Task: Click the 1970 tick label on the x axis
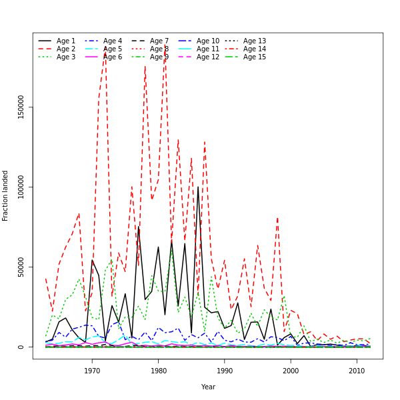point(92,371)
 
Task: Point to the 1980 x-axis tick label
point(159,371)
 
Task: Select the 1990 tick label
point(225,371)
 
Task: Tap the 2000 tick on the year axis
point(291,371)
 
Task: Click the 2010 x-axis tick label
point(357,371)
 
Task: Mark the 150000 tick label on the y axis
point(21,107)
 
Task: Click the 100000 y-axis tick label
point(21,187)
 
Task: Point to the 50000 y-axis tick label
point(21,267)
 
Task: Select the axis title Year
point(208,387)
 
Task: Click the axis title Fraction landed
point(5,195)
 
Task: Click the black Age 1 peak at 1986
point(198,187)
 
